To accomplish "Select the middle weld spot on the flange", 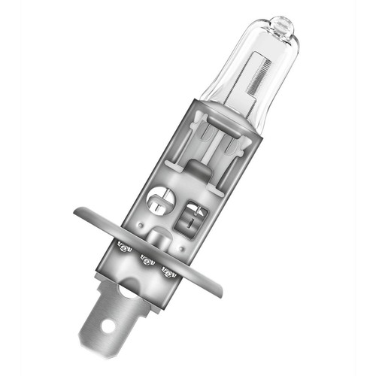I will pos(146,260).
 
